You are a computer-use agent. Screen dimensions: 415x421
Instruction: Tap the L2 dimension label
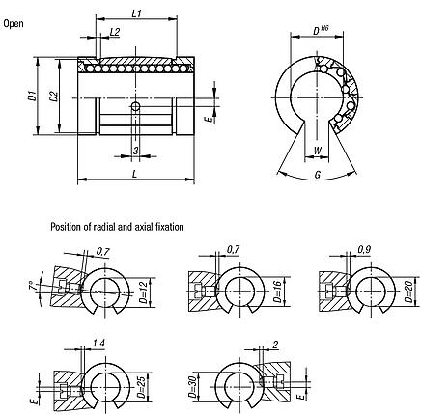click(115, 32)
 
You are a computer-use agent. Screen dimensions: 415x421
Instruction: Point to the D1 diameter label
click(32, 96)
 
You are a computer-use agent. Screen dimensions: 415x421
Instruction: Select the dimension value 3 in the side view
click(135, 150)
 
